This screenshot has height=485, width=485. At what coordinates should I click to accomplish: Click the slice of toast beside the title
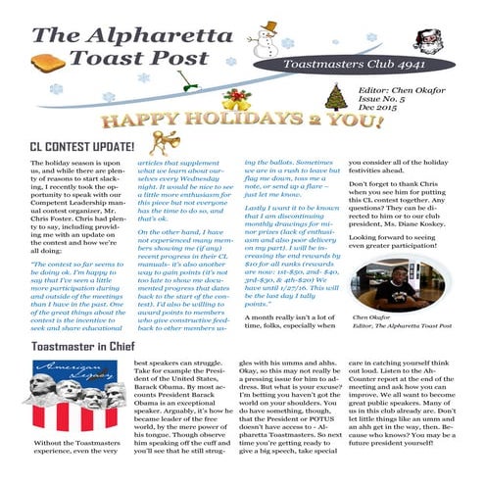point(48,66)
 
